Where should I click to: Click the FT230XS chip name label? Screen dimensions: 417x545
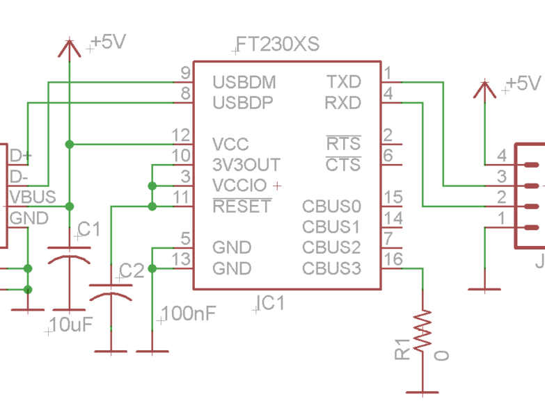[x=277, y=44]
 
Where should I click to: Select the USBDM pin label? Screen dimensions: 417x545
[x=244, y=82]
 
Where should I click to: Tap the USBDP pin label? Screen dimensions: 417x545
[x=243, y=103]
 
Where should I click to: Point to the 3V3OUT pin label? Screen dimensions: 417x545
[x=246, y=165]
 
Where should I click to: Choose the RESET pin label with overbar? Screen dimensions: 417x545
[x=242, y=206]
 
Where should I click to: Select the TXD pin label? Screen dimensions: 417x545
[x=344, y=82]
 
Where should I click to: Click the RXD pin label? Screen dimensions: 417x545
[x=342, y=103]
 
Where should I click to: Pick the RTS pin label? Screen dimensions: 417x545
[x=343, y=144]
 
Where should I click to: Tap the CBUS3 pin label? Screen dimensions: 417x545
[x=331, y=268]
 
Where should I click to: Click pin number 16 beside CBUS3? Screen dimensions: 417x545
[x=393, y=259]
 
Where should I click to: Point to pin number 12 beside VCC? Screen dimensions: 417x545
[x=181, y=135]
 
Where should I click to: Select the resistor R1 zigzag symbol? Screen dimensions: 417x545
[x=422, y=332]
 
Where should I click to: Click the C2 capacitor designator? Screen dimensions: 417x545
[x=132, y=270]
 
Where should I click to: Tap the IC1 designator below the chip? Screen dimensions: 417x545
[x=271, y=303]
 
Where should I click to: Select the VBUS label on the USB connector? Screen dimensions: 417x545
[x=32, y=197]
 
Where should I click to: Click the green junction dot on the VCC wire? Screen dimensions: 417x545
[x=69, y=144]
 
